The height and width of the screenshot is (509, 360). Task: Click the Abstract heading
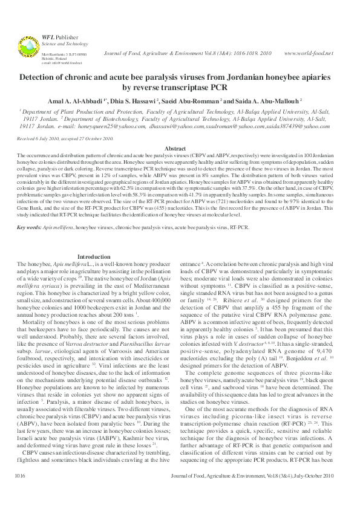click(180, 148)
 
